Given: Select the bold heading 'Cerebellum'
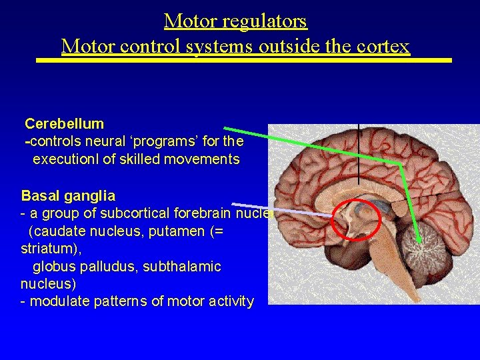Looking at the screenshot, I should coord(64,123).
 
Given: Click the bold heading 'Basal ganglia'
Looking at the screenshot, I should coord(68,196).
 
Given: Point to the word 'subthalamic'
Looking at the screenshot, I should coord(179,267).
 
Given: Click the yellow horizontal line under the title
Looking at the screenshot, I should coord(243,61).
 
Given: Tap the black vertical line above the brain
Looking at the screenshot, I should coord(359,153).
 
